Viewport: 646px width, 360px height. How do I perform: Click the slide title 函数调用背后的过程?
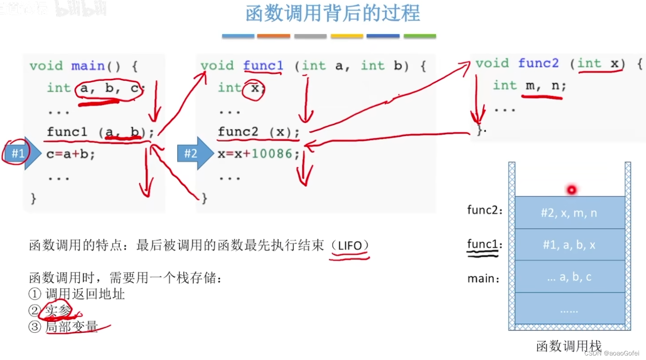tap(333, 14)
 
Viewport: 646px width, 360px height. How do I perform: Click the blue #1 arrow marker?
tap(20, 153)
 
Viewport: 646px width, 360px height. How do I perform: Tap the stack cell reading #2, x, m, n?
tap(569, 213)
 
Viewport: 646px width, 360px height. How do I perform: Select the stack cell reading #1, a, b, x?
tap(569, 245)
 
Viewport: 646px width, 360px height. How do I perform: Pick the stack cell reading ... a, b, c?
tap(569, 277)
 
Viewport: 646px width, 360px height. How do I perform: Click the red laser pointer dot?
tap(571, 190)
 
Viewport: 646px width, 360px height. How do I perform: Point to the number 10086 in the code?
tap(272, 154)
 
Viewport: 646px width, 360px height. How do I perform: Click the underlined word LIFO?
tap(350, 246)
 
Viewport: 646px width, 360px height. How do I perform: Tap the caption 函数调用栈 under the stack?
tap(568, 346)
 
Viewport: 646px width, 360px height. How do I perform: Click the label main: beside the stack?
tap(483, 278)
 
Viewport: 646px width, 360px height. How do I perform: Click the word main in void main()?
tap(88, 66)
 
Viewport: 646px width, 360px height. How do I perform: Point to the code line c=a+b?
tap(71, 154)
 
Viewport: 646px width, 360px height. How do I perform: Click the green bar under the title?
tap(420, 36)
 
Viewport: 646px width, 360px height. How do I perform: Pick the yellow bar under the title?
tap(347, 36)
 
